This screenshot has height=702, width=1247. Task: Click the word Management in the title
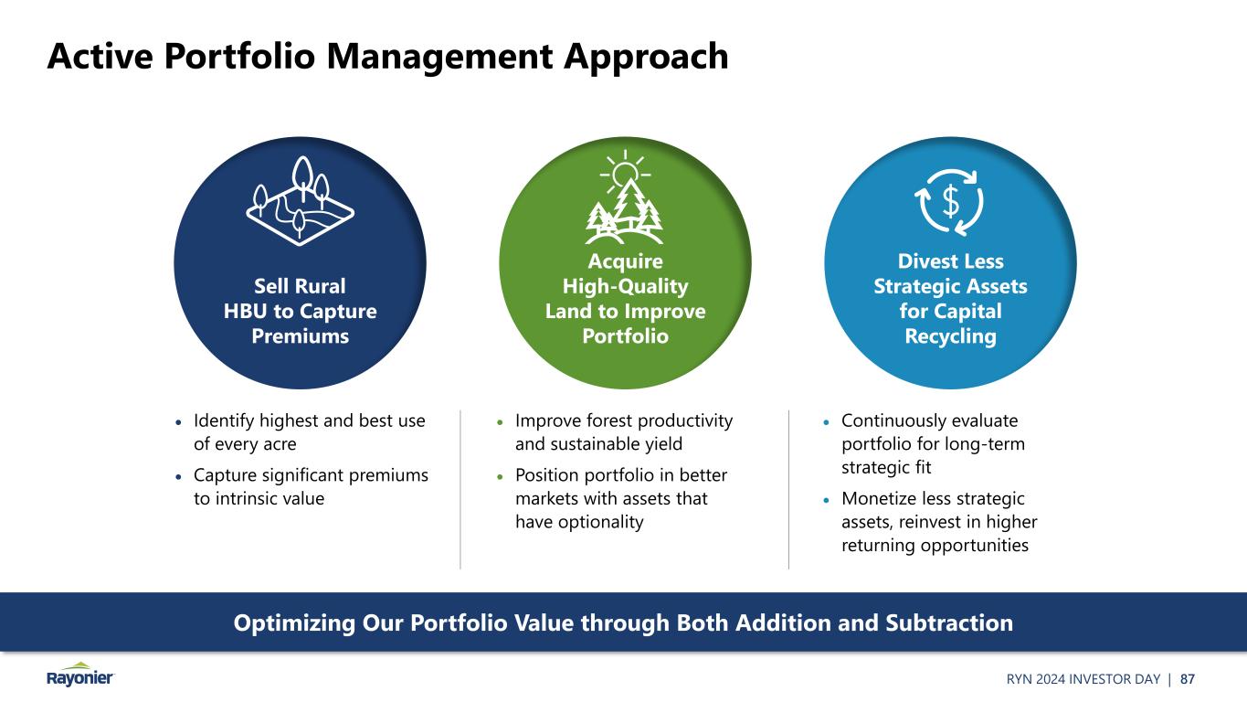click(x=439, y=57)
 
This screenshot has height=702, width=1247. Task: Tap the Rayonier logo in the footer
click(x=80, y=675)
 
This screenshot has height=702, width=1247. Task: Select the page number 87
click(x=1187, y=679)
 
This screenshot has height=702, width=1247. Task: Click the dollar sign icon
click(x=950, y=201)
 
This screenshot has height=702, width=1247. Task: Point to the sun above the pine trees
click(x=625, y=172)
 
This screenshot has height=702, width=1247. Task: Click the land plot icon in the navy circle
click(x=301, y=201)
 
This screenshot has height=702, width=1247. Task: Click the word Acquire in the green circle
click(x=625, y=261)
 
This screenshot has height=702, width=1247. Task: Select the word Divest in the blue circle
click(x=923, y=261)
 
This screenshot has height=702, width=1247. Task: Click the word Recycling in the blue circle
click(x=950, y=336)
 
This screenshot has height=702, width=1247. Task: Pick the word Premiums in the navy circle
click(x=300, y=336)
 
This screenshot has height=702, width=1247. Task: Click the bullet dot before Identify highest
click(x=178, y=422)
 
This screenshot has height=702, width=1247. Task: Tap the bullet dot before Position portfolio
click(x=500, y=477)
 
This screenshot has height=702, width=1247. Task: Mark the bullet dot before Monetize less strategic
click(x=826, y=500)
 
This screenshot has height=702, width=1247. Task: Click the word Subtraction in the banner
click(x=949, y=622)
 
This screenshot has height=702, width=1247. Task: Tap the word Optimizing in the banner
click(x=294, y=623)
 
